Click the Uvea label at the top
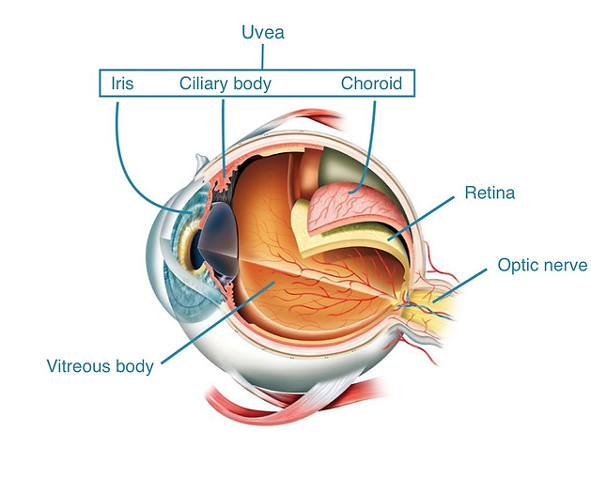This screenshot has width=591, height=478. [263, 32]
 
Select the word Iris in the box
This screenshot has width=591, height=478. [122, 84]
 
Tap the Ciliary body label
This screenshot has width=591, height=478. [225, 84]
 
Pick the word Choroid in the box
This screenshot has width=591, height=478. [371, 84]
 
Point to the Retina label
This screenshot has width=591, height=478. [490, 193]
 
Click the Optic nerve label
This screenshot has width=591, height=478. [542, 265]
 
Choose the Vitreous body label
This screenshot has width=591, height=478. [100, 366]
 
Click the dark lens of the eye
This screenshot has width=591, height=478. [219, 241]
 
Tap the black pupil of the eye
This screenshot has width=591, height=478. [196, 251]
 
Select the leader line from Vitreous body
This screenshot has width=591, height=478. [218, 322]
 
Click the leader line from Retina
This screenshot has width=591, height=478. [421, 218]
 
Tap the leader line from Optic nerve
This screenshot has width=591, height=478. [459, 285]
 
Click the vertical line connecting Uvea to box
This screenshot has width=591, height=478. [263, 57]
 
